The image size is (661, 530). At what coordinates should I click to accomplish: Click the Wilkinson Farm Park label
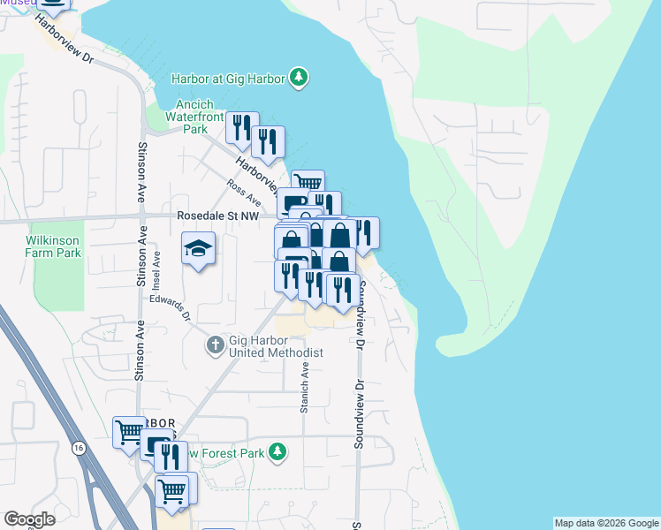coord(53,246)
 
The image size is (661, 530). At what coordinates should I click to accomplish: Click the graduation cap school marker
coord(199,249)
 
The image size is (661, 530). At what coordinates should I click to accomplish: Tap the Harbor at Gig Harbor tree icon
coord(300,79)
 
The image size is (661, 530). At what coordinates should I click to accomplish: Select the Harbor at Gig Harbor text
coord(229,79)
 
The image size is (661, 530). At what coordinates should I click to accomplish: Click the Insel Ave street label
coord(157,269)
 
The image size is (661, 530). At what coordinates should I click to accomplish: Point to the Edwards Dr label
coord(171,310)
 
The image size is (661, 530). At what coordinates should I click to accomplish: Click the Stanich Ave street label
coord(304,389)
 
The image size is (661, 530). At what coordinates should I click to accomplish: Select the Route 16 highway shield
coord(80,450)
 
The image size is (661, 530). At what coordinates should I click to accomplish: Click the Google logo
coord(28,519)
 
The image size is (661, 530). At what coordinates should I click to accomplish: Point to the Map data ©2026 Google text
coord(606,523)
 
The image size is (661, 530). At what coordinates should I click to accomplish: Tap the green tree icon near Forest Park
coord(278,453)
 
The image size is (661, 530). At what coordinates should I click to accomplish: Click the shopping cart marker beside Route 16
coord(129,432)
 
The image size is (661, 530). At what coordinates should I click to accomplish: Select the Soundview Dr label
coord(360,415)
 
